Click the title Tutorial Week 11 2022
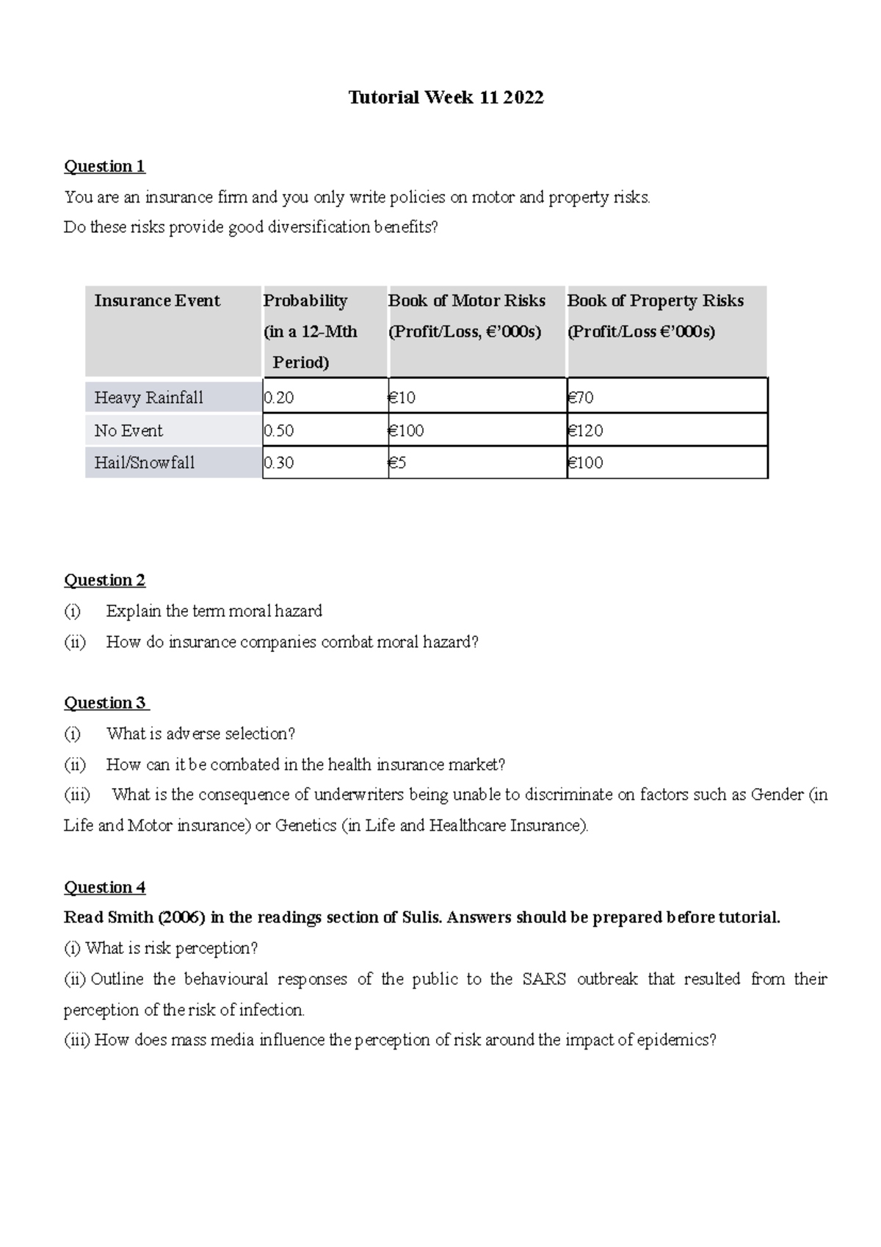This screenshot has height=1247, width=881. click(446, 98)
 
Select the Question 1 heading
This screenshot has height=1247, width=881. click(104, 166)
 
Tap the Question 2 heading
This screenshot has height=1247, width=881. click(104, 580)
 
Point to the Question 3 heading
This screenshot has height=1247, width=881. click(106, 703)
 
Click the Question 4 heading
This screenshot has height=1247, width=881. click(104, 887)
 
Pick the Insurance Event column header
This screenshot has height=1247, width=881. click(157, 301)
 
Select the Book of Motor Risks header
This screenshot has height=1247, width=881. click(467, 301)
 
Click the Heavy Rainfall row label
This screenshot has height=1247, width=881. click(148, 398)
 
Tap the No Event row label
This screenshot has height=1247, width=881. click(128, 430)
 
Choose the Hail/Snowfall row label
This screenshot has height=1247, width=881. click(145, 463)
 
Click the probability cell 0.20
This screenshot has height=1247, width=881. click(279, 398)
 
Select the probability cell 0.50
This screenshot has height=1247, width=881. click(279, 430)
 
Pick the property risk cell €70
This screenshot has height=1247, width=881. click(581, 398)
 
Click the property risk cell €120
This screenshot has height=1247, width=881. click(585, 430)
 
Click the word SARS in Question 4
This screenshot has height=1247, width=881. click(543, 979)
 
